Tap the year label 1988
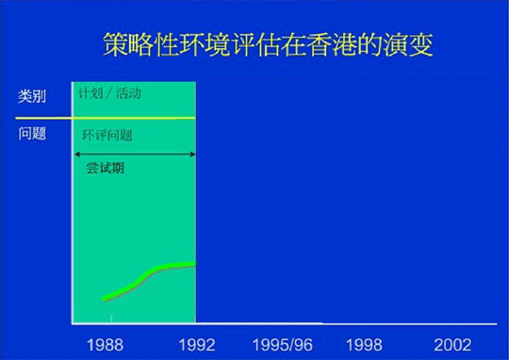pyautogui.click(x=104, y=343)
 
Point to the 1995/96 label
pyautogui.click(x=282, y=343)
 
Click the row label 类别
pyautogui.click(x=32, y=96)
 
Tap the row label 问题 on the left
pyautogui.click(x=32, y=133)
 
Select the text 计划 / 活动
pyautogui.click(x=109, y=95)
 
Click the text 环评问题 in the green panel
pyautogui.click(x=107, y=136)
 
